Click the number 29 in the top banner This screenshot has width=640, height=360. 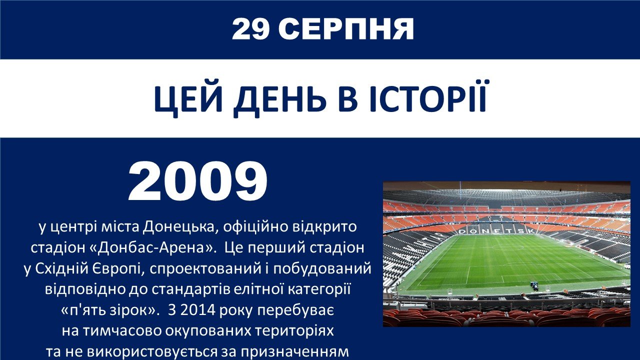pyautogui.click(x=250, y=29)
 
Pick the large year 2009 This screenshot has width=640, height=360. pyautogui.click(x=198, y=181)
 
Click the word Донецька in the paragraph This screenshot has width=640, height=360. pyautogui.click(x=180, y=227)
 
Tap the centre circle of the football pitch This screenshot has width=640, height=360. pyautogui.click(x=509, y=246)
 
